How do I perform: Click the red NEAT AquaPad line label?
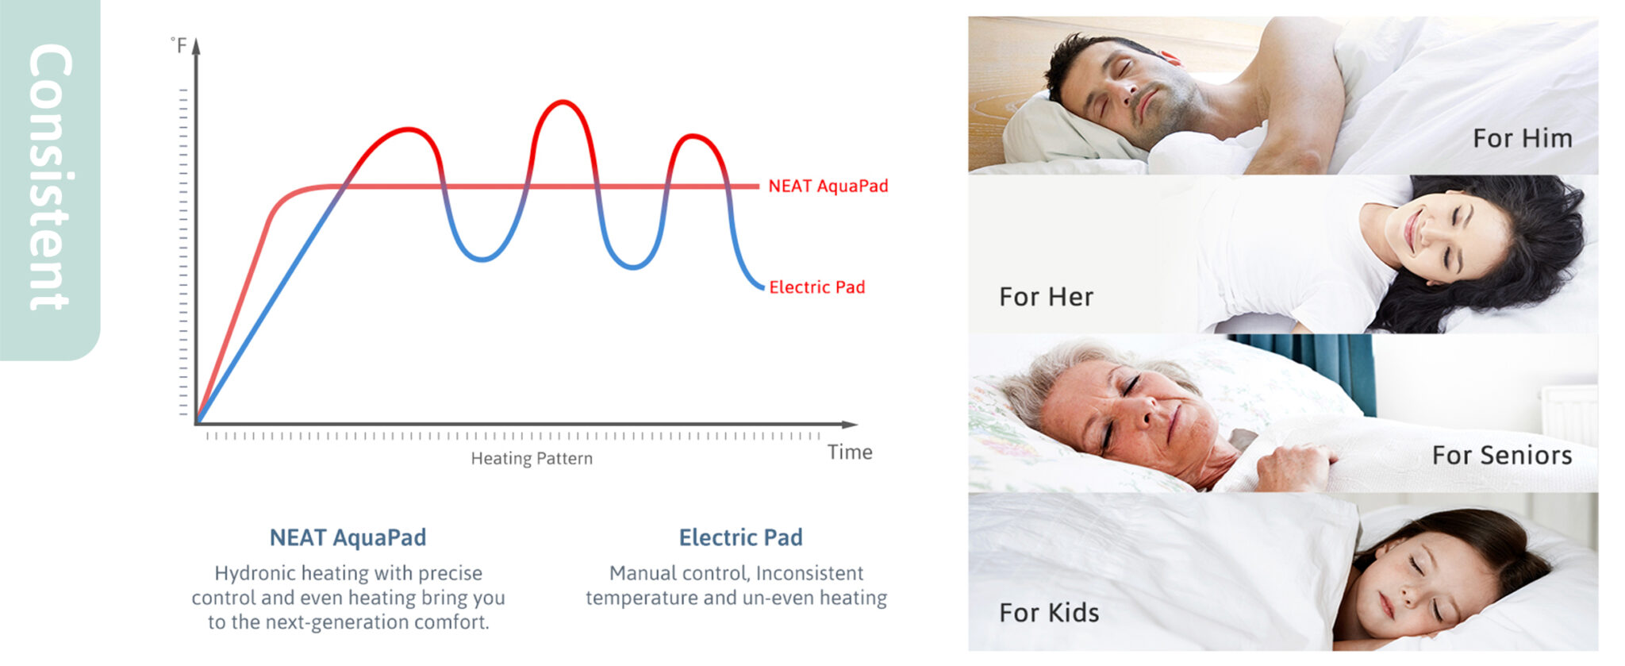[x=828, y=187]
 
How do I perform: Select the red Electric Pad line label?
[x=816, y=287]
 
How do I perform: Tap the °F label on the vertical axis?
[x=179, y=45]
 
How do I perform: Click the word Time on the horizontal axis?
[x=850, y=452]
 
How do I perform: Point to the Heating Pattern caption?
[x=532, y=459]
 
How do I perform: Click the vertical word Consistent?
[x=50, y=176]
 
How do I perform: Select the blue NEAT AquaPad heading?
[x=348, y=538]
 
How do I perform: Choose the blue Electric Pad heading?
[x=740, y=538]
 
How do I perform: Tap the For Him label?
[x=1523, y=138]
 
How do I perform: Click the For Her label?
[x=1046, y=297]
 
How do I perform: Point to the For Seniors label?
[x=1502, y=456]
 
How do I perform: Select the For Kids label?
[x=1049, y=613]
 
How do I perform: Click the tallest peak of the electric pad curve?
[x=563, y=102]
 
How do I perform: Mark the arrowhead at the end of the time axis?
[x=850, y=425]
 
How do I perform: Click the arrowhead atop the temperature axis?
[x=196, y=45]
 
